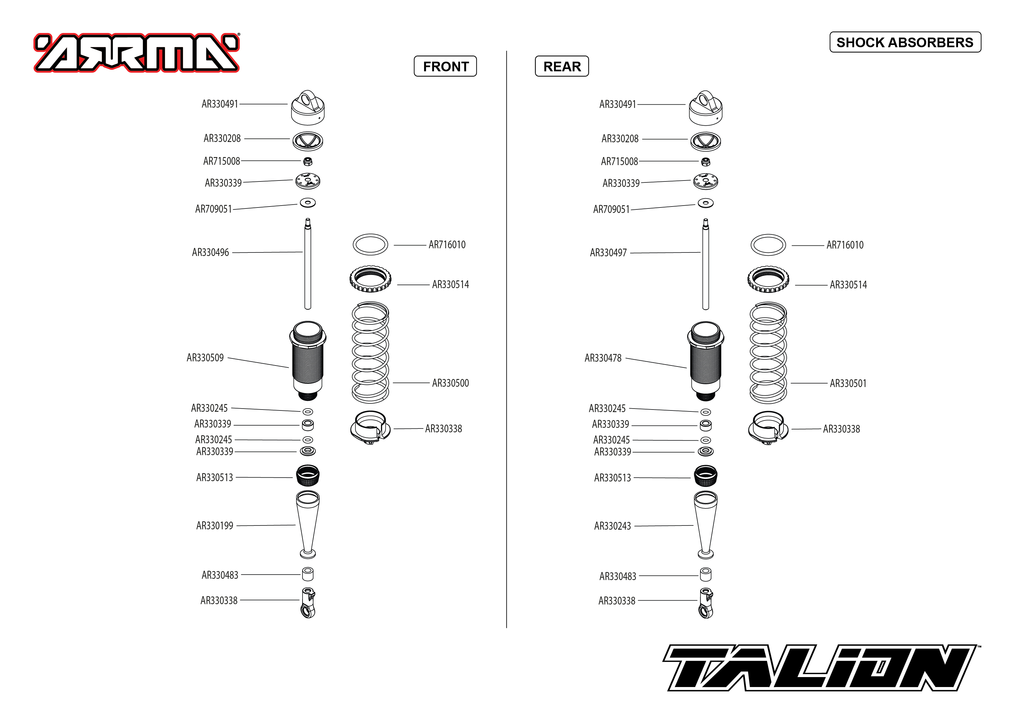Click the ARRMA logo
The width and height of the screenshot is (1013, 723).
(x=137, y=53)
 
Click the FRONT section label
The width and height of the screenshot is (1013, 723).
(x=446, y=66)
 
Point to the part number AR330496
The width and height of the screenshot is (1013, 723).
(x=210, y=252)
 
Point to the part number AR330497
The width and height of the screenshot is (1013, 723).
(x=608, y=253)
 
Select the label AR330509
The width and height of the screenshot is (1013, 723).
(x=205, y=358)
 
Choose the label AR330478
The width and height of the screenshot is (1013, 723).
(x=603, y=358)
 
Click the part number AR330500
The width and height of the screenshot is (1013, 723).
(x=450, y=383)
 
